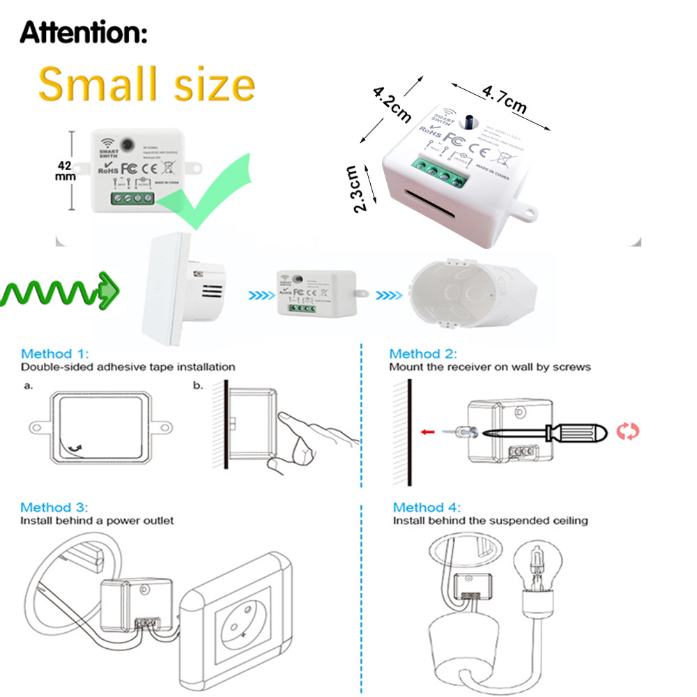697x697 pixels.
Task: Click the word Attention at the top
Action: pos(84,32)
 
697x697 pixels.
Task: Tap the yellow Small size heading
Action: pos(146,85)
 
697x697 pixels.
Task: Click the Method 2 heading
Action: pos(423,353)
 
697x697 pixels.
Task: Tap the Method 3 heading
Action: pos(54,507)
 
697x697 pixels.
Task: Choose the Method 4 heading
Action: pos(427,507)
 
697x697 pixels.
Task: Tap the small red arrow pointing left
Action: pos(429,432)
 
